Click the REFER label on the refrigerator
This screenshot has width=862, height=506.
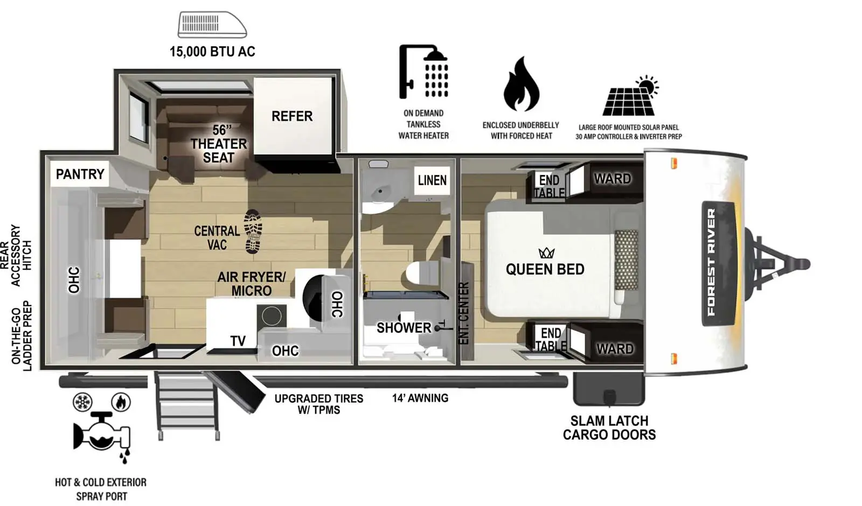tap(291, 116)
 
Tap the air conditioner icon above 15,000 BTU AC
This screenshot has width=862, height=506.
tap(212, 25)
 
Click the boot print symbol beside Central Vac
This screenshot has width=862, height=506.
tap(253, 231)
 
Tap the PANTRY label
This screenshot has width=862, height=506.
tap(80, 174)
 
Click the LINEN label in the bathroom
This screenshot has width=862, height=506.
tap(432, 180)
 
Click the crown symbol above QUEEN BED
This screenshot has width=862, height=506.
tap(546, 252)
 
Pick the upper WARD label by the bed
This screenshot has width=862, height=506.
tap(612, 179)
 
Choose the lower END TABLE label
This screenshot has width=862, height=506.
tap(551, 340)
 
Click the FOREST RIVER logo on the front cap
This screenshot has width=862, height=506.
tap(712, 262)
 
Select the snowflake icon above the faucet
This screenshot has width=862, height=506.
tap(82, 402)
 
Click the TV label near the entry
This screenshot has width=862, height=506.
tap(238, 341)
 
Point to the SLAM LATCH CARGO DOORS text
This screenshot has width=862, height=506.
tap(609, 427)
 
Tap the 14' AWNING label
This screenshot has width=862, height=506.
tap(420, 398)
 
